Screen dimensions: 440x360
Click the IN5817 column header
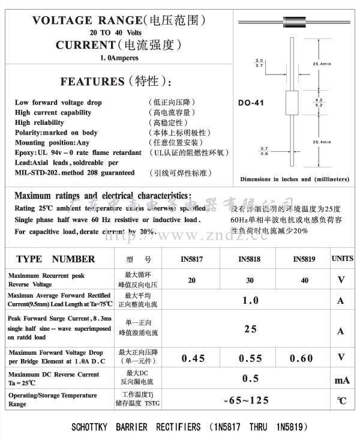point(193,259)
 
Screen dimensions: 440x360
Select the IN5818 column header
point(250,259)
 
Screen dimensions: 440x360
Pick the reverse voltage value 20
point(191,280)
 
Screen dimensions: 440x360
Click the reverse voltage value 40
point(305,280)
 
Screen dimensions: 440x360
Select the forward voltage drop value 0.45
point(193,358)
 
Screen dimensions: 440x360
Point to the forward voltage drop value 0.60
point(301,358)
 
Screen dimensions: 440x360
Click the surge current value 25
point(250,329)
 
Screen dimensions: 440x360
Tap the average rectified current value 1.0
point(250,300)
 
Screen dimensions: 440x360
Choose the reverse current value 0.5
point(250,378)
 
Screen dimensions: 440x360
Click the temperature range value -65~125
point(246,400)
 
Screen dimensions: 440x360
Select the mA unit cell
point(341,381)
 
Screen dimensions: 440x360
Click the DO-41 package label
point(251,103)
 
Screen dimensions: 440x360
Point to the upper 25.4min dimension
point(322,64)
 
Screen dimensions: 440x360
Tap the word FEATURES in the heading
point(92,82)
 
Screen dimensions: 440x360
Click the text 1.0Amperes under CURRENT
point(119,58)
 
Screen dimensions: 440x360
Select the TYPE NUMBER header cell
point(55,259)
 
